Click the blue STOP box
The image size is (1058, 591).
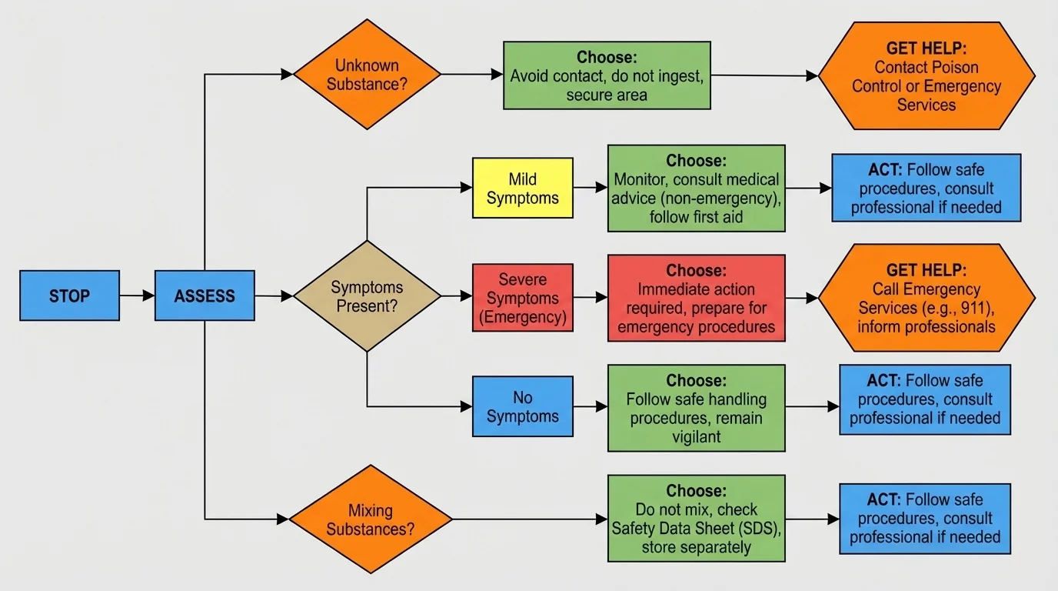tap(69, 295)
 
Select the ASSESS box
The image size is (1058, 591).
tap(205, 295)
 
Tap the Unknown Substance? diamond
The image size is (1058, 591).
tap(367, 75)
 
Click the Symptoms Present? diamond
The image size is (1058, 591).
tap(367, 295)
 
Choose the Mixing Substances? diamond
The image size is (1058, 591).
tap(371, 519)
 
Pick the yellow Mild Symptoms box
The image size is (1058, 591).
tap(522, 188)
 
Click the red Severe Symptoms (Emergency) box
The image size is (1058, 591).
tap(522, 297)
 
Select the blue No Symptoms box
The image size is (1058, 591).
tap(522, 406)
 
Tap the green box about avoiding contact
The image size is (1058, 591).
tap(607, 75)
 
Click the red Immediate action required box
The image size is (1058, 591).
tap(696, 298)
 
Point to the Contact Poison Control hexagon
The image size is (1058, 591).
tap(926, 75)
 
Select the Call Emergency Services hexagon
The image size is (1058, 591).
tap(926, 298)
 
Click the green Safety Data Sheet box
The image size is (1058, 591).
tap(696, 519)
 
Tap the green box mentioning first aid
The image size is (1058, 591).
tap(696, 188)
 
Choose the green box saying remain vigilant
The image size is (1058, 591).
tap(696, 408)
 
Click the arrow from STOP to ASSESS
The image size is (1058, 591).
tap(137, 295)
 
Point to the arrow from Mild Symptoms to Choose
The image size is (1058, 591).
tap(590, 188)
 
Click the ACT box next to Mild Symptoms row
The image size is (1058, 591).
tap(926, 188)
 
